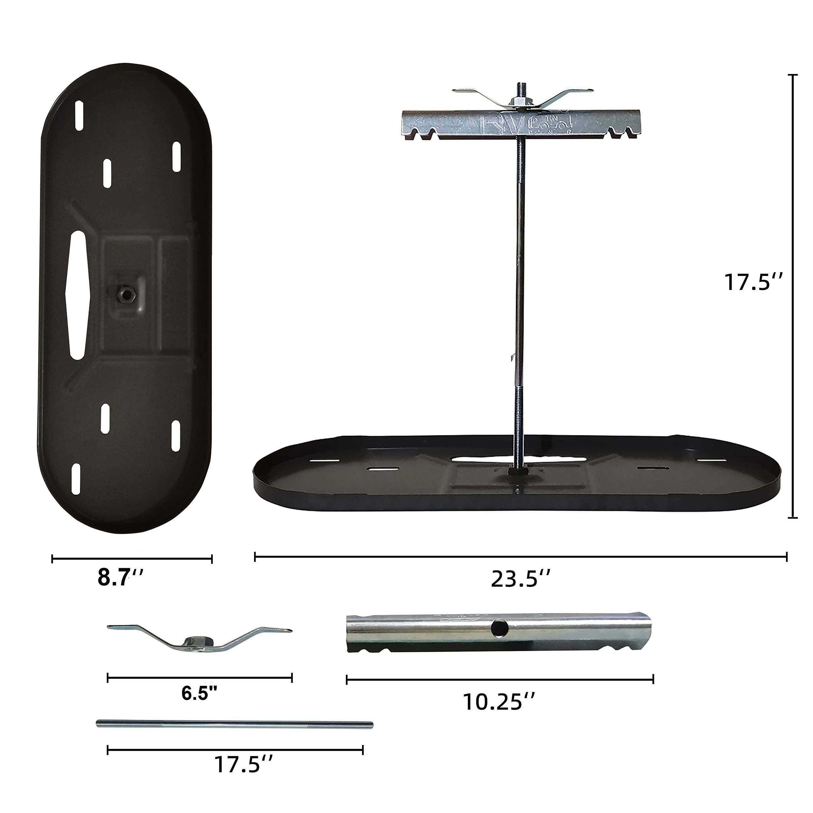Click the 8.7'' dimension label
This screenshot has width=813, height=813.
(x=121, y=578)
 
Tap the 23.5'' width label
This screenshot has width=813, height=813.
(x=521, y=579)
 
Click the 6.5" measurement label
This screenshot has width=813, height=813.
(x=199, y=693)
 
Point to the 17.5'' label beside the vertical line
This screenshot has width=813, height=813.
(x=753, y=282)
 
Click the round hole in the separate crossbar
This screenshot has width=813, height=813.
(x=500, y=629)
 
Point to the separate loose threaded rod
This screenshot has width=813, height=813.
(x=234, y=724)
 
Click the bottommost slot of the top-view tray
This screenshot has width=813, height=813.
(x=76, y=479)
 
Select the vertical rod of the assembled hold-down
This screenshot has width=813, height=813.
(x=520, y=273)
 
